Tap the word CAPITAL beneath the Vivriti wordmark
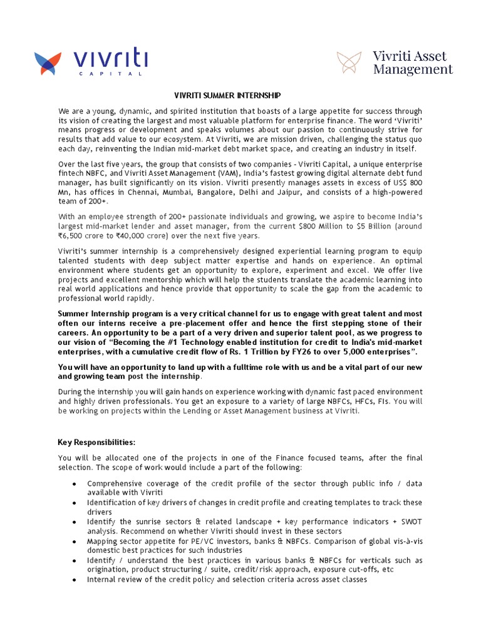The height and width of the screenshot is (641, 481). pyautogui.click(x=110, y=73)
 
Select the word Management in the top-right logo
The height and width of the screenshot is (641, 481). pyautogui.click(x=413, y=69)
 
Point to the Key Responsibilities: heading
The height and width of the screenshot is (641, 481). pyautogui.click(x=96, y=443)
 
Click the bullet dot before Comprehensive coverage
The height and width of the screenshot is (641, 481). pyautogui.click(x=75, y=484)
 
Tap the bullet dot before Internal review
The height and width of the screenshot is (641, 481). pyautogui.click(x=75, y=580)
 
